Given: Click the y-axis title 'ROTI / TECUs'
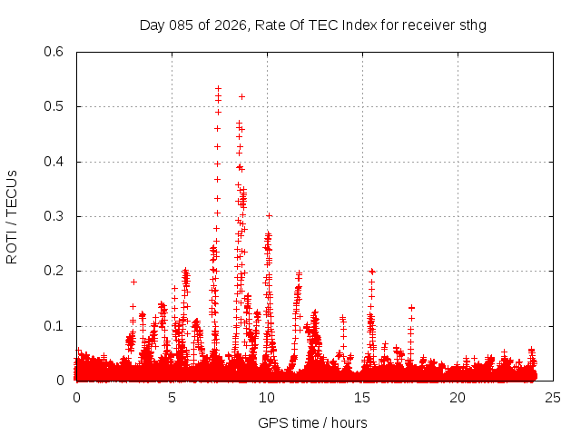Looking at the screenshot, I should tap(12, 216).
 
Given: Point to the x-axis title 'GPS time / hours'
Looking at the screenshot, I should tap(312, 422).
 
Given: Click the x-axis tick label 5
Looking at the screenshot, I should tap(172, 398).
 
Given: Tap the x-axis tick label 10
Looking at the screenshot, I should tap(267, 398).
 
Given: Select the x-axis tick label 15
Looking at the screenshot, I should tap(362, 398).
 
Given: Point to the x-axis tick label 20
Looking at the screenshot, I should tap(458, 398).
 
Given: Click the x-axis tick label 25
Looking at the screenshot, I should tap(553, 398).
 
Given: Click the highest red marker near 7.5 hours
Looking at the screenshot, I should tap(218, 88).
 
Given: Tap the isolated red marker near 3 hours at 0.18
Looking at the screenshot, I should tap(133, 282).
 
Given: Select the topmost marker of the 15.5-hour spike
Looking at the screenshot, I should tap(371, 271).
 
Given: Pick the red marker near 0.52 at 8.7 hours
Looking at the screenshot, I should tap(241, 96).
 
